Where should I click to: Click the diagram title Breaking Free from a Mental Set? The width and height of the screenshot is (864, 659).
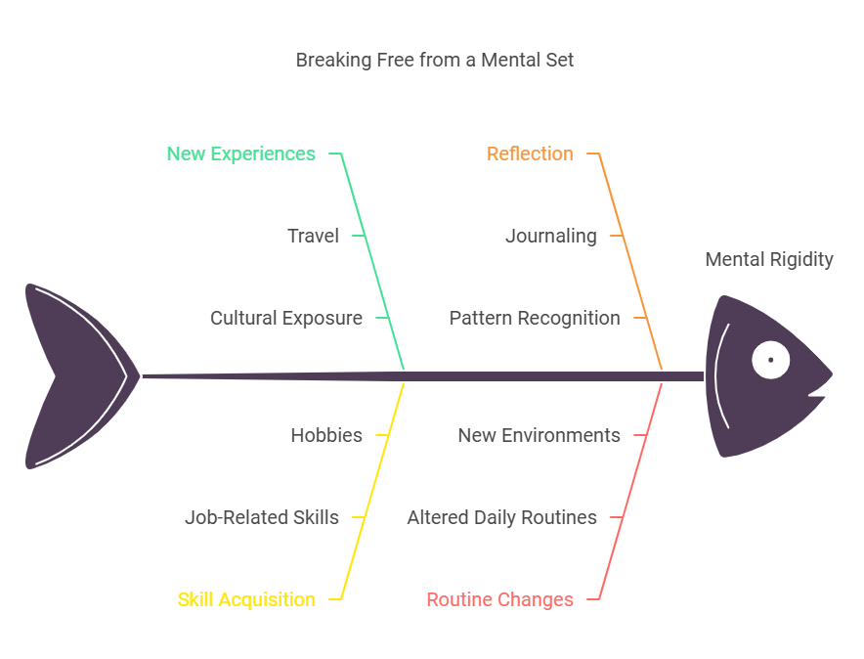[434, 60]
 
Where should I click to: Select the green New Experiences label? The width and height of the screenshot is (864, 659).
[240, 154]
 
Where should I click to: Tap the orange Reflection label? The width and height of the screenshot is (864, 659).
[530, 154]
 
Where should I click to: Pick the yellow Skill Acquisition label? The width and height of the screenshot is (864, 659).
[246, 599]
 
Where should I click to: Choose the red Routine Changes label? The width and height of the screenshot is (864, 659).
[499, 599]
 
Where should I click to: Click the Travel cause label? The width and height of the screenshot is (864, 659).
[313, 236]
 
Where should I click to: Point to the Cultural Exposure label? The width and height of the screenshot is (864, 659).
[285, 318]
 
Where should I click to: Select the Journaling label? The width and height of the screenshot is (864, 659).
[550, 236]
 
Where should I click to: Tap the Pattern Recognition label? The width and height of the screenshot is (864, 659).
[534, 318]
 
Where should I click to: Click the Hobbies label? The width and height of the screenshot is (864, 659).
[325, 435]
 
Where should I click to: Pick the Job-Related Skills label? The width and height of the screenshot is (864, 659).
[261, 517]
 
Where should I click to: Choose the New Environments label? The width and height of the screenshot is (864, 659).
[539, 435]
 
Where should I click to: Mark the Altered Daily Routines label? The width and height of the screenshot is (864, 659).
[501, 517]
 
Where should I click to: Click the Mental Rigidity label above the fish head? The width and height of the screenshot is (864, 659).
[768, 259]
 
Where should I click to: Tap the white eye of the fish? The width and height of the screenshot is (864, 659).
[770, 360]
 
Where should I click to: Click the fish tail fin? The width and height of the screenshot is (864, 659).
[68, 376]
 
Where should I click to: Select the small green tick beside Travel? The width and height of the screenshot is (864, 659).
[359, 236]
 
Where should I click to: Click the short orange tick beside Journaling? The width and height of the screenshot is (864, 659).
[617, 236]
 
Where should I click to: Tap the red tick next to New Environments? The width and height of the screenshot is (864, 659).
[640, 435]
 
